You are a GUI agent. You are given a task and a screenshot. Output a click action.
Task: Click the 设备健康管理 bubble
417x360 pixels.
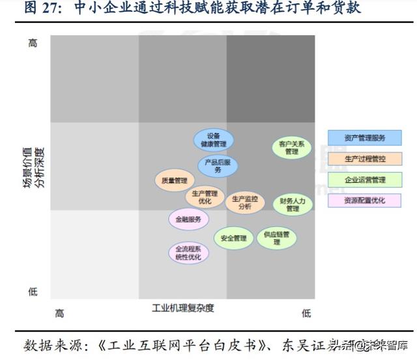[213, 140]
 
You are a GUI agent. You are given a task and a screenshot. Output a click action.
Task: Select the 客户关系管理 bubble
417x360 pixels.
[291, 148]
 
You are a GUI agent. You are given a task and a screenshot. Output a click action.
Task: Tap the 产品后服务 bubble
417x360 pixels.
[218, 166]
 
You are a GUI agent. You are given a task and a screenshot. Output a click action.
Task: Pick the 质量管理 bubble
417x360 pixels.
[174, 180]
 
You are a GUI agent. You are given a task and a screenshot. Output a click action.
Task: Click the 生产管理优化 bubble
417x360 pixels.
[205, 197]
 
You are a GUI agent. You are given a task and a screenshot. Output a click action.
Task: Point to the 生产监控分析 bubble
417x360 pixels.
[245, 202]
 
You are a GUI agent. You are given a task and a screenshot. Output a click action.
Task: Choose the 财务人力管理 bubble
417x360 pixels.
[292, 204]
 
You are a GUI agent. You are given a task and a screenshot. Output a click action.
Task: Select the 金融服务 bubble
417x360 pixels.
[188, 219]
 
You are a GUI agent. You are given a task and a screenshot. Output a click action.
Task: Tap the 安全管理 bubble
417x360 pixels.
[233, 238]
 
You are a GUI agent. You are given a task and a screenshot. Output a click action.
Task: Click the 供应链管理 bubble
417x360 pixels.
[276, 238]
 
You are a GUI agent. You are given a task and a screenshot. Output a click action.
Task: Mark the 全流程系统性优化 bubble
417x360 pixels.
[188, 253]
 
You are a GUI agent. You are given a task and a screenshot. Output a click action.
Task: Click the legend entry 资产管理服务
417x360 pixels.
[365, 138]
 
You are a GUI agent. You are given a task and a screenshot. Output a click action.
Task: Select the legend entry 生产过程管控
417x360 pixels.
[365, 159]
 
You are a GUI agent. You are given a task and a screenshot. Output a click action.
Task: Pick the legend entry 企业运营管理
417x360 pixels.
[365, 180]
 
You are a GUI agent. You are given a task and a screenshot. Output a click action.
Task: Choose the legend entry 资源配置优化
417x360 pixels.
[365, 201]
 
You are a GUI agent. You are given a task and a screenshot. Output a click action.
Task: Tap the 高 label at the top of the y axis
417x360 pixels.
[33, 43]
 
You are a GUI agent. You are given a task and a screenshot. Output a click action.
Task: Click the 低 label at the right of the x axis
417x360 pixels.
[306, 313]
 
